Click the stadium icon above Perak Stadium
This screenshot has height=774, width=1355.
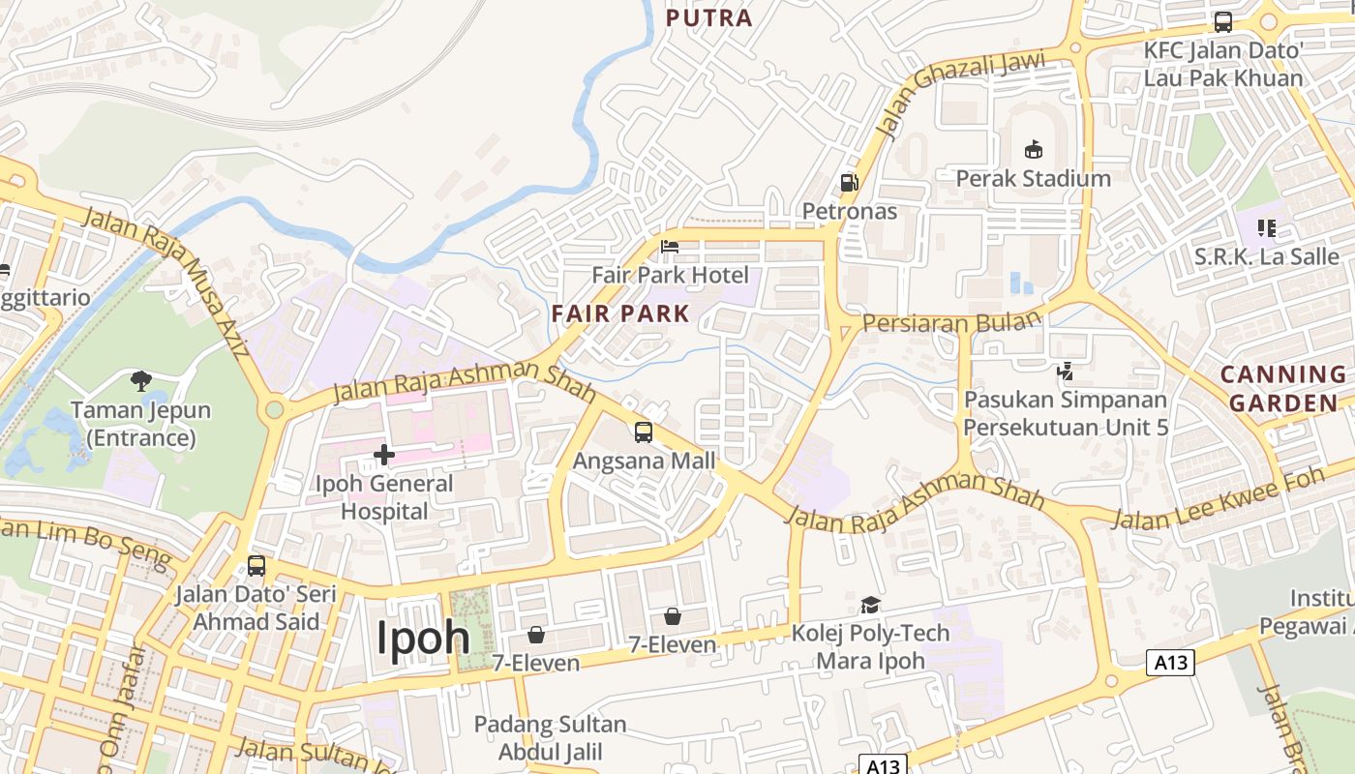tap(1034, 149)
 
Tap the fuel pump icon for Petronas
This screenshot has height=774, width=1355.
tap(849, 182)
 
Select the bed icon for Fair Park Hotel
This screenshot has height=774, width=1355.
tap(670, 247)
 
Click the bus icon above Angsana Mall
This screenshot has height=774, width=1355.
tap(644, 432)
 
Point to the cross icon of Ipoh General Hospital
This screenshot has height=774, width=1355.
tap(384, 454)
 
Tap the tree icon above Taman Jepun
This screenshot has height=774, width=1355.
tap(141, 380)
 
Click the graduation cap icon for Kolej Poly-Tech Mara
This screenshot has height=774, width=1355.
tap(870, 606)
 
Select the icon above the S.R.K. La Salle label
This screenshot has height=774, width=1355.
tap(1266, 228)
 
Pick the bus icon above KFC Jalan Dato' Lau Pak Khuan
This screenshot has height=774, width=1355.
tap(1223, 21)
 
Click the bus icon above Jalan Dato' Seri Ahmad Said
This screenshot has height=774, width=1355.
tap(256, 565)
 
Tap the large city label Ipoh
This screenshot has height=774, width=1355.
tap(423, 638)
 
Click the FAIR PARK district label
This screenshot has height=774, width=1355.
tap(620, 313)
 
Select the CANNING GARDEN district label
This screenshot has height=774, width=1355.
tap(1283, 388)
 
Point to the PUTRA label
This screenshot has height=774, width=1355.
tap(709, 17)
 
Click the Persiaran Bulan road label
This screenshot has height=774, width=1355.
tap(952, 322)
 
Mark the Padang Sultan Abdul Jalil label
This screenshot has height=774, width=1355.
tap(550, 738)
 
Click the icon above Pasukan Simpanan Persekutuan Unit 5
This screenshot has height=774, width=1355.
tap(1065, 370)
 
